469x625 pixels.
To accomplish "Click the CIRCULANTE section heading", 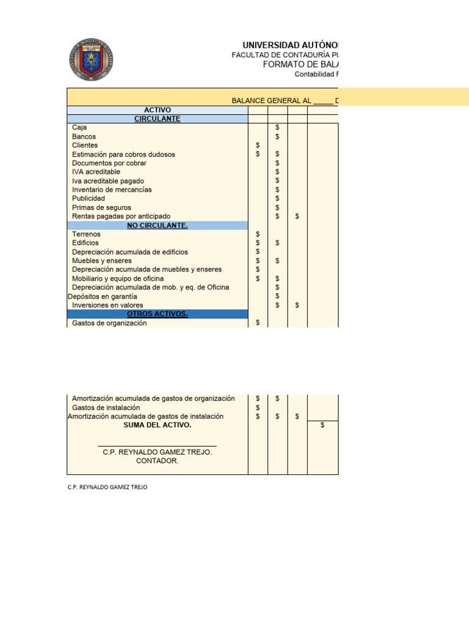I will pyautogui.click(x=157, y=119).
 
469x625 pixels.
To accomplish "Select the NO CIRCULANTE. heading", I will pyautogui.click(x=157, y=226).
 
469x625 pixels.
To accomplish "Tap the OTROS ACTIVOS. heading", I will pyautogui.click(x=157, y=314).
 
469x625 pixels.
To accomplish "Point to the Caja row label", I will pyautogui.click(x=79, y=128).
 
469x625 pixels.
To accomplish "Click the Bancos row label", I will pyautogui.click(x=84, y=137).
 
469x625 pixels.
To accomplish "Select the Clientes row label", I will pyautogui.click(x=85, y=145).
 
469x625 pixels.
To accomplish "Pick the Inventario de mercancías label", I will pyautogui.click(x=112, y=190).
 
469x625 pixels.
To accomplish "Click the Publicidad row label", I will pyautogui.click(x=89, y=198).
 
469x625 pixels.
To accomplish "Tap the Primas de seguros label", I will pyautogui.click(x=101, y=208).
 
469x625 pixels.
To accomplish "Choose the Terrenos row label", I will pyautogui.click(x=86, y=234).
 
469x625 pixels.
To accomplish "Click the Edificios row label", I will pyautogui.click(x=85, y=243).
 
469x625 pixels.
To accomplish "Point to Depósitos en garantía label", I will pyautogui.click(x=102, y=297).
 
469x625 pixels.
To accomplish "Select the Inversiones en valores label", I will pyautogui.click(x=107, y=305).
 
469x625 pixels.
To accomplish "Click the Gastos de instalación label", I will pyautogui.click(x=106, y=408).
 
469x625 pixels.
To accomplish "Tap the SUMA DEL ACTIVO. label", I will pyautogui.click(x=157, y=425).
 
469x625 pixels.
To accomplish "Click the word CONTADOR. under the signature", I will pyautogui.click(x=157, y=461).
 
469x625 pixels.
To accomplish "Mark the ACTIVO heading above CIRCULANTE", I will pyautogui.click(x=157, y=110).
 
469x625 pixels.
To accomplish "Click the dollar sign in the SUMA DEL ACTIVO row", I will pyautogui.click(x=322, y=425).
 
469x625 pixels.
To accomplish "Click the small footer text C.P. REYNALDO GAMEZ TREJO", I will pyautogui.click(x=107, y=488).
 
